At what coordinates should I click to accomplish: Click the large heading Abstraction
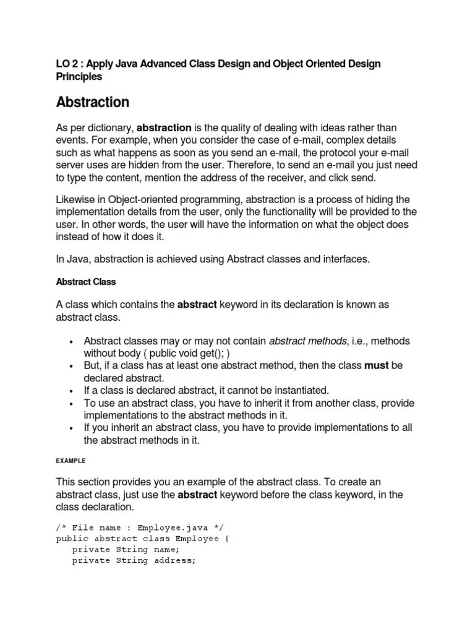click(92, 102)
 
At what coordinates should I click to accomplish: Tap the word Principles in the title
click(79, 77)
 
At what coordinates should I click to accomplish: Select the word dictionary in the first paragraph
click(111, 128)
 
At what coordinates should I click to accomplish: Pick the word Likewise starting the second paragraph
click(77, 199)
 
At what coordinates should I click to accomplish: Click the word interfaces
click(340, 259)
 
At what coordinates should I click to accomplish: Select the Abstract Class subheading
click(85, 282)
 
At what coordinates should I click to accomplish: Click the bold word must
click(376, 366)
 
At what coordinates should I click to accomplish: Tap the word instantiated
click(293, 391)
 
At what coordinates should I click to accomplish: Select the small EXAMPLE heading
click(71, 461)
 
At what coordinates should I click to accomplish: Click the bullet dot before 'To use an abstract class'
click(72, 403)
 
